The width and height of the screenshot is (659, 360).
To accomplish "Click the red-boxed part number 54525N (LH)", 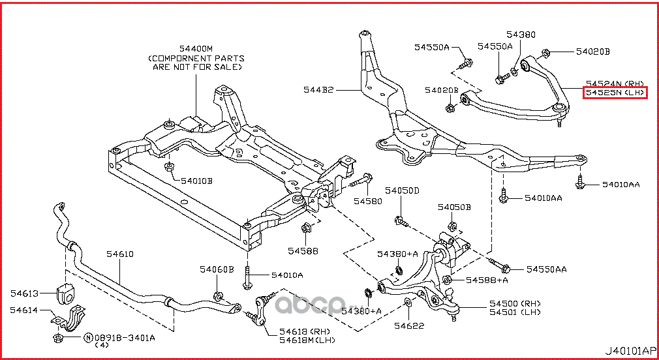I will (x=615, y=93).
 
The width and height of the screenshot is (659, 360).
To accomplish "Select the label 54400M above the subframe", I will (x=195, y=49).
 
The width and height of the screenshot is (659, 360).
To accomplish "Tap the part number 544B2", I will (x=318, y=90).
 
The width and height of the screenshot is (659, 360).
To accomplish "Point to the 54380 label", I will (x=520, y=35).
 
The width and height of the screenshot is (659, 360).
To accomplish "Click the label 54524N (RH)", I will (x=615, y=83).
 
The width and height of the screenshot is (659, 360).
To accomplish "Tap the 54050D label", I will (x=401, y=190).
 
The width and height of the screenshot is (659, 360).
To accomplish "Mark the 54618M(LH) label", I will (x=307, y=340).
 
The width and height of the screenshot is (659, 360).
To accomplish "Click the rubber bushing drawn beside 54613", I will (x=66, y=293).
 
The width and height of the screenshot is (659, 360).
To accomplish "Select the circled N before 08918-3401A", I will (x=87, y=338).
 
